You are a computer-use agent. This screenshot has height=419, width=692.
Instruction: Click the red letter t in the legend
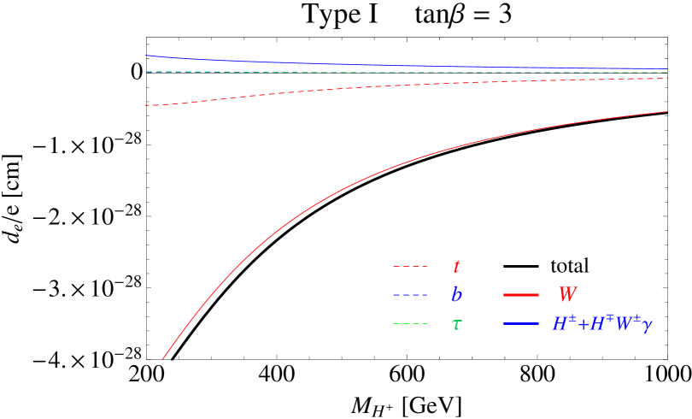pyautogui.click(x=456, y=267)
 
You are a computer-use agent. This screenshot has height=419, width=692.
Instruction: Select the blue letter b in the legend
pyautogui.click(x=456, y=295)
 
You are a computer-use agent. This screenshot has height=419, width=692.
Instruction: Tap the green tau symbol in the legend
pyautogui.click(x=456, y=324)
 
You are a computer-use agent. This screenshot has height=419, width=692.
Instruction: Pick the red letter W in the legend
pyautogui.click(x=567, y=295)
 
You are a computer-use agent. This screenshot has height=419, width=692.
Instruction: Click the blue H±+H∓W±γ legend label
pyautogui.click(x=602, y=324)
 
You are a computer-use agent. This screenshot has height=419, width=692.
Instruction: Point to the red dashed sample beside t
pyautogui.click(x=410, y=267)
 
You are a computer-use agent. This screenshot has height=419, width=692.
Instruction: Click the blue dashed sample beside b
pyautogui.click(x=410, y=295)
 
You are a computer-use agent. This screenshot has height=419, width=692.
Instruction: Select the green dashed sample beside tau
pyautogui.click(x=410, y=324)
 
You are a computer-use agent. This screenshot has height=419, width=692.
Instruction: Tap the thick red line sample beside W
pyautogui.click(x=521, y=295)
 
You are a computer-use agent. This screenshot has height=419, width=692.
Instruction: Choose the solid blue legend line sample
pyautogui.click(x=521, y=324)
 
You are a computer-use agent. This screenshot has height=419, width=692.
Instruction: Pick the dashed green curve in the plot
pyautogui.click(x=427, y=73)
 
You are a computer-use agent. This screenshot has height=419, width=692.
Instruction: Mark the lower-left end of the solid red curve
pyautogui.click(x=162, y=359)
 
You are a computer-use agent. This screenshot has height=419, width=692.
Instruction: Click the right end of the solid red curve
pyautogui.click(x=666, y=112)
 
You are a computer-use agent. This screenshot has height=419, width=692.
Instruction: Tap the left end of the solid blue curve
pyautogui.click(x=146, y=56)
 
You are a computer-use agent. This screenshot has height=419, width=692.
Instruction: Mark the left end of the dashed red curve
pyautogui.click(x=146, y=105)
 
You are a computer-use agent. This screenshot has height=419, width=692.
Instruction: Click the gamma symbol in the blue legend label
pyautogui.click(x=647, y=326)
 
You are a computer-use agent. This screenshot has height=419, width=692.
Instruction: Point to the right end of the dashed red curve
pyautogui.click(x=666, y=79)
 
